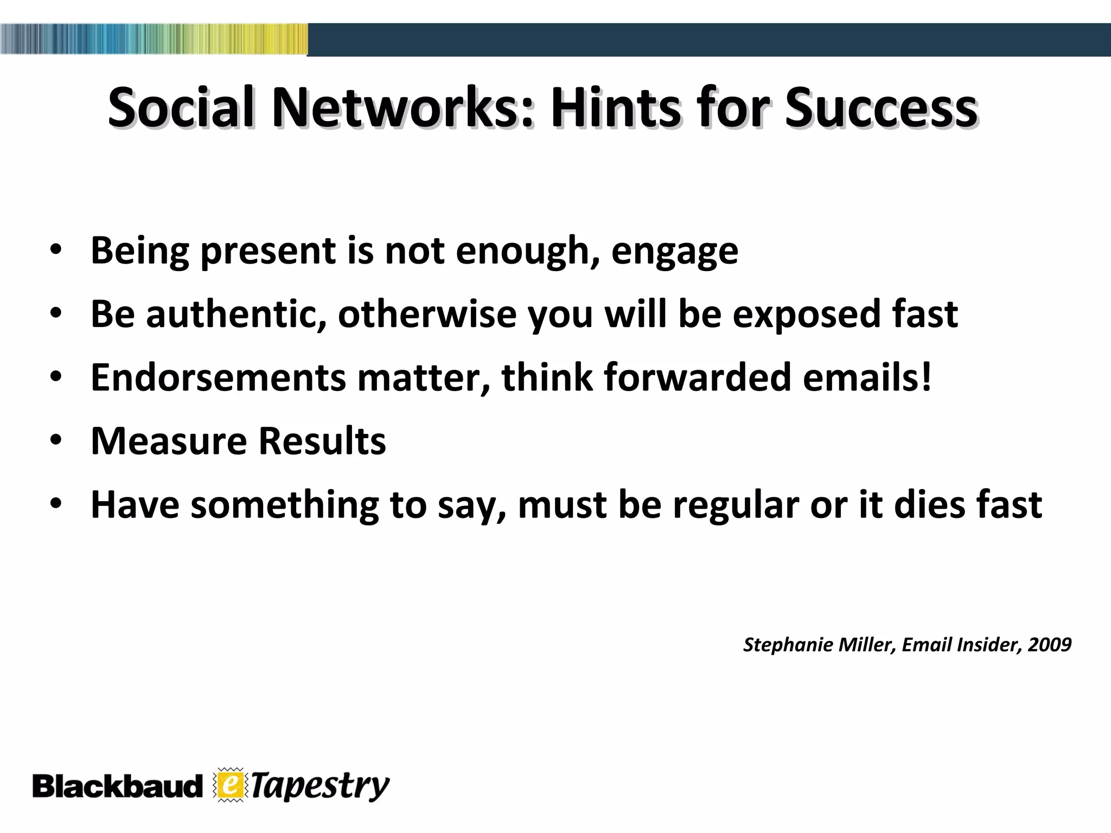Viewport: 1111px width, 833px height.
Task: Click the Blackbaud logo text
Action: tap(117, 786)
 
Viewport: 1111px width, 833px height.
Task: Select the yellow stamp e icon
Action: tap(230, 785)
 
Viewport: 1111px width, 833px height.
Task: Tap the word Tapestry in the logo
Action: tap(320, 786)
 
